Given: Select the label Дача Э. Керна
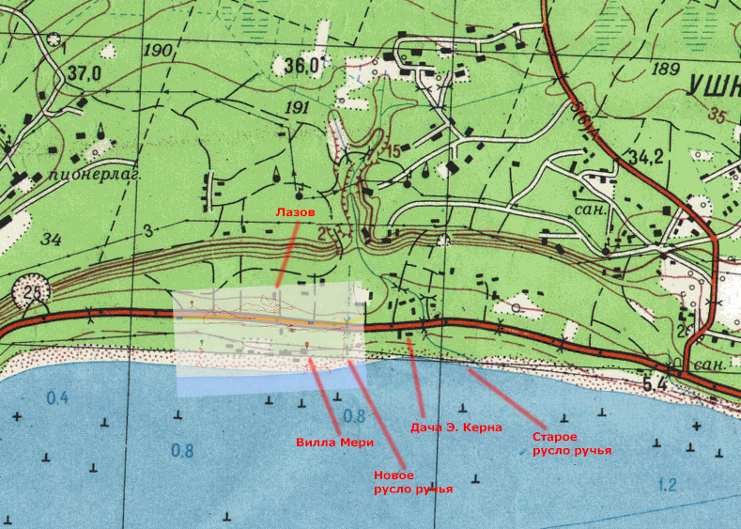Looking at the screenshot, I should point(449,428).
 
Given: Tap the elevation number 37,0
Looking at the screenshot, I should point(85,72).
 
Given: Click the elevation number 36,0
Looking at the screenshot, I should point(301,65).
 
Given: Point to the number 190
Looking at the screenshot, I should point(160,50).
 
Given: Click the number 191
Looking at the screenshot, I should point(296,108).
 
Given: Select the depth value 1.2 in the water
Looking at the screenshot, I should point(668,486).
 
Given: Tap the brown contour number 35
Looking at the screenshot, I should point(718,117).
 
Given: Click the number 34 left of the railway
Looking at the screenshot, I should point(51,240).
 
